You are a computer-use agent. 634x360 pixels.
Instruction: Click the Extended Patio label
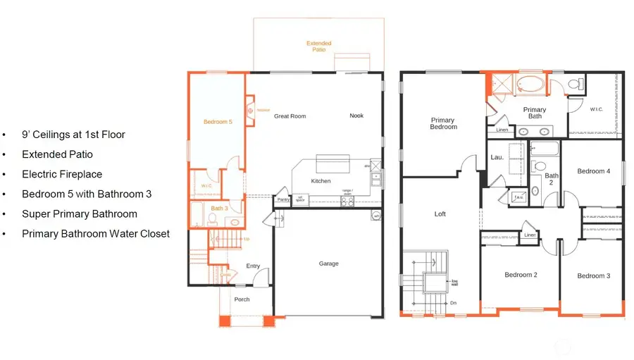[318, 47]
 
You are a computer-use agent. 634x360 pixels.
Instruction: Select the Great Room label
[290, 116]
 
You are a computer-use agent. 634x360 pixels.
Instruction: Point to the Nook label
[356, 116]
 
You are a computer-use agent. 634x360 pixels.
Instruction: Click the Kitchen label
[321, 181]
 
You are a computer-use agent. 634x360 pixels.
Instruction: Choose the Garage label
[328, 263]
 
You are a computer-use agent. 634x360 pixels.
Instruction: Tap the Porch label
[242, 299]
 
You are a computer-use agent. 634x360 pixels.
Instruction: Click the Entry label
[253, 266]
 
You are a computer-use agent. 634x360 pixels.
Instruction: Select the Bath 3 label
[218, 209]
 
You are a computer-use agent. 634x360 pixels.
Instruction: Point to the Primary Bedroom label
[443, 123]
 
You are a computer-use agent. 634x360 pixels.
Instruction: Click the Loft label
[440, 213]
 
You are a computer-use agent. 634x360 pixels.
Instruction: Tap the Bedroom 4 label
[593, 171]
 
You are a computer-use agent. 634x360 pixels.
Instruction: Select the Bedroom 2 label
[521, 275]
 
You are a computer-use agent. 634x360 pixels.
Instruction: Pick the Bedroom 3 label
[592, 275]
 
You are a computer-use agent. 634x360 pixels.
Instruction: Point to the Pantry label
[283, 199]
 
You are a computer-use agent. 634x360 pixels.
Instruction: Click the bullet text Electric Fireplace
[62, 173]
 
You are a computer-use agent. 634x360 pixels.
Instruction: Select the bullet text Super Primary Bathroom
[79, 213]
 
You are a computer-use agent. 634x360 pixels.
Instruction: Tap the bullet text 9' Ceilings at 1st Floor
[73, 134]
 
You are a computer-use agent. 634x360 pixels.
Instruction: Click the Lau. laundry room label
[496, 157]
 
